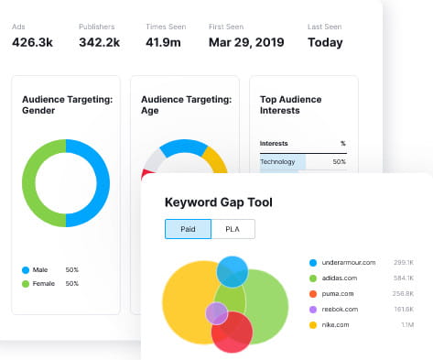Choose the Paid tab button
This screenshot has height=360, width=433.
(x=188, y=229)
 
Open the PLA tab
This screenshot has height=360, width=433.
(x=233, y=229)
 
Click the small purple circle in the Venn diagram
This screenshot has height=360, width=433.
(x=216, y=313)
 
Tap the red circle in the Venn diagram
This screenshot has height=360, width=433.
(x=233, y=335)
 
